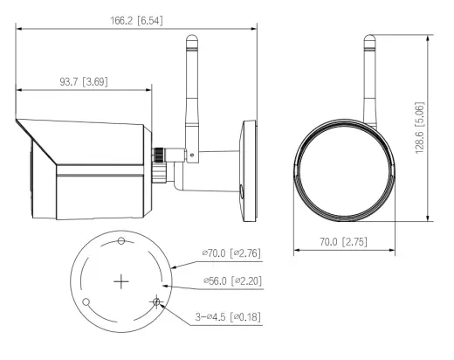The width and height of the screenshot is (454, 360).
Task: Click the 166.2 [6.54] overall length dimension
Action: pos(136,21)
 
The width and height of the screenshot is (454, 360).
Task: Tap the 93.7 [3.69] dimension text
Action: pos(84,81)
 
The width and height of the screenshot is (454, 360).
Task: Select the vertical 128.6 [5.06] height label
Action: pos(419,128)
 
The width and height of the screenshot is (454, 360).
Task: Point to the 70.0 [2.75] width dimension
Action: pos(343,242)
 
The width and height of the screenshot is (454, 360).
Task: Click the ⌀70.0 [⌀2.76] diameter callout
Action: pos(231,253)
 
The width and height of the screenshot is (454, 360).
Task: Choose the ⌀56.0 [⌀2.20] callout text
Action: pos(232,281)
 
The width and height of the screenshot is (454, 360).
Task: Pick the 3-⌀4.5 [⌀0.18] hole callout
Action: pos(228,316)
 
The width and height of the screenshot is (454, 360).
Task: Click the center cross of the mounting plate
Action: pos(121,281)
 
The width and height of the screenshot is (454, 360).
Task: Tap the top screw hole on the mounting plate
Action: pos(121,241)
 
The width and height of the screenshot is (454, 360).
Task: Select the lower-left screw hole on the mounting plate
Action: pos(86,302)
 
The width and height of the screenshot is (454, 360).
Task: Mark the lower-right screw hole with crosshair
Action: pos(156,301)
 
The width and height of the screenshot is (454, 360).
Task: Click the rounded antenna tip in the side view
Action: pos(192,38)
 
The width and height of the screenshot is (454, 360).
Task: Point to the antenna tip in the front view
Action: pos(369,38)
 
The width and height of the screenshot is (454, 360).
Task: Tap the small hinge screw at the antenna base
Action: pos(191,155)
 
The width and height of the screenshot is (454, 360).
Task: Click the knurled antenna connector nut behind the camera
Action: pos(159,155)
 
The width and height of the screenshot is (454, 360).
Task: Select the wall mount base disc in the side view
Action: pos(248,171)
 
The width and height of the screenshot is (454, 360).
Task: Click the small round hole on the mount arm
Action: pos(241,190)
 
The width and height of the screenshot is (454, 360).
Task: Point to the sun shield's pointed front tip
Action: pos(17,120)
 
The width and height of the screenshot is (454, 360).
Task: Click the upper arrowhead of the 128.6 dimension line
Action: pos(428,38)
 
